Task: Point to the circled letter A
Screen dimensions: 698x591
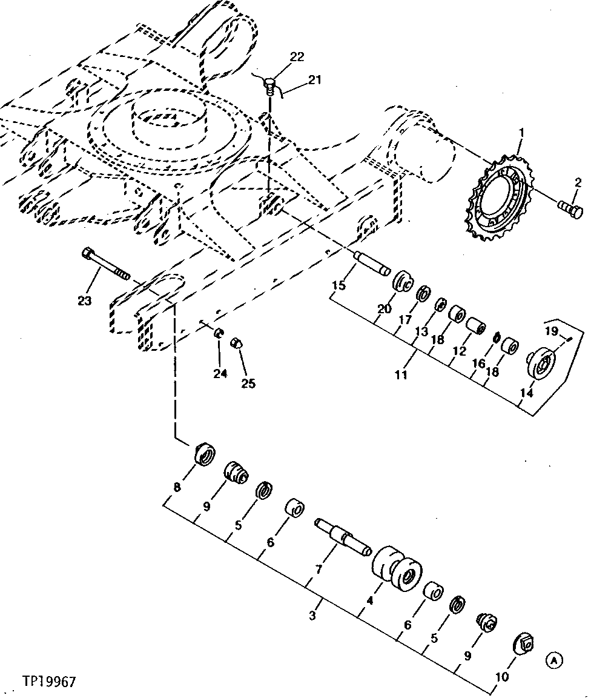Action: click(554, 660)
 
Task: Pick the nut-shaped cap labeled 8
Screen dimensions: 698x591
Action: click(204, 454)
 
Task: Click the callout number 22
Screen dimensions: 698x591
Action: click(297, 56)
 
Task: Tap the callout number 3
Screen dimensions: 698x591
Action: click(312, 616)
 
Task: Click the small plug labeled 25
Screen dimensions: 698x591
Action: click(238, 345)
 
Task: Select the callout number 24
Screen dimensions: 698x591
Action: click(220, 374)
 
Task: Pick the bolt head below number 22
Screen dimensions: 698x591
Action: click(270, 85)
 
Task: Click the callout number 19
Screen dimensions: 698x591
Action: click(550, 331)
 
